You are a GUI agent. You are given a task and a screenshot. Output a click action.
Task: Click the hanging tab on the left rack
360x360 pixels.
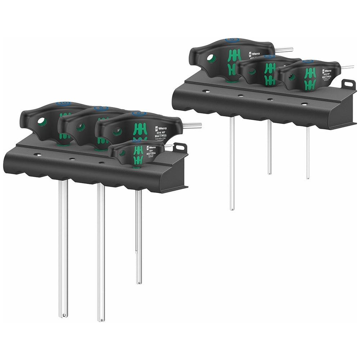[x=180, y=147]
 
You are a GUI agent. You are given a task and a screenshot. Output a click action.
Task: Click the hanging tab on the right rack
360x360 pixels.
[x=349, y=84]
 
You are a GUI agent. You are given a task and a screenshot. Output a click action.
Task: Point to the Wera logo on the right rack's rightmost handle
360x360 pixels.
[x=327, y=71]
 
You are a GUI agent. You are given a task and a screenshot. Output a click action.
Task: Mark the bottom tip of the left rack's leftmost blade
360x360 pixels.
[x=63, y=315]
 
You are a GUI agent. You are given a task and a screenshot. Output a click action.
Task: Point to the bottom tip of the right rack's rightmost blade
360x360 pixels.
[x=307, y=177]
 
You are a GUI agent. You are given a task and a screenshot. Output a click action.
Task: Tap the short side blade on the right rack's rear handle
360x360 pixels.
[x=284, y=50]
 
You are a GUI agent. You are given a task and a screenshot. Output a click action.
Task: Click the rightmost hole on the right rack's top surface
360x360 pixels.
[x=304, y=104]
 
